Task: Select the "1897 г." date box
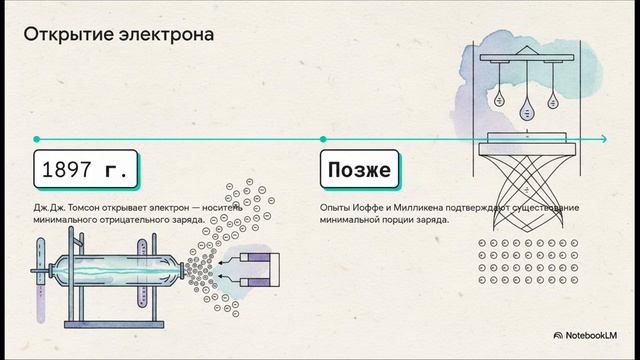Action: point(83,171)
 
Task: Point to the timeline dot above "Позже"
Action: point(323,139)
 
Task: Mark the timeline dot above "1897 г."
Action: point(37,139)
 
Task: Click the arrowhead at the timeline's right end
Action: point(605,139)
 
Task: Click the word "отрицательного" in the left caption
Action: point(125,219)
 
